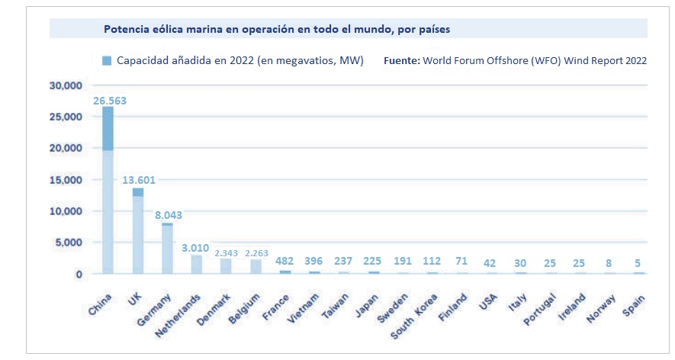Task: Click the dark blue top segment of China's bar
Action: coord(108,128)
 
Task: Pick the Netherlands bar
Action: coord(197,264)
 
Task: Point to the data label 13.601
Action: coord(139,180)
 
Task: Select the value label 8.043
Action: coord(169,216)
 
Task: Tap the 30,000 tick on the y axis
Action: coord(66,85)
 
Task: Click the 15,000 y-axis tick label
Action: coord(66,180)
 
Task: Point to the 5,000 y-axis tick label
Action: coord(69,243)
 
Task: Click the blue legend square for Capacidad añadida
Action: coord(107,60)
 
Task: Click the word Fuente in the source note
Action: coord(401,60)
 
